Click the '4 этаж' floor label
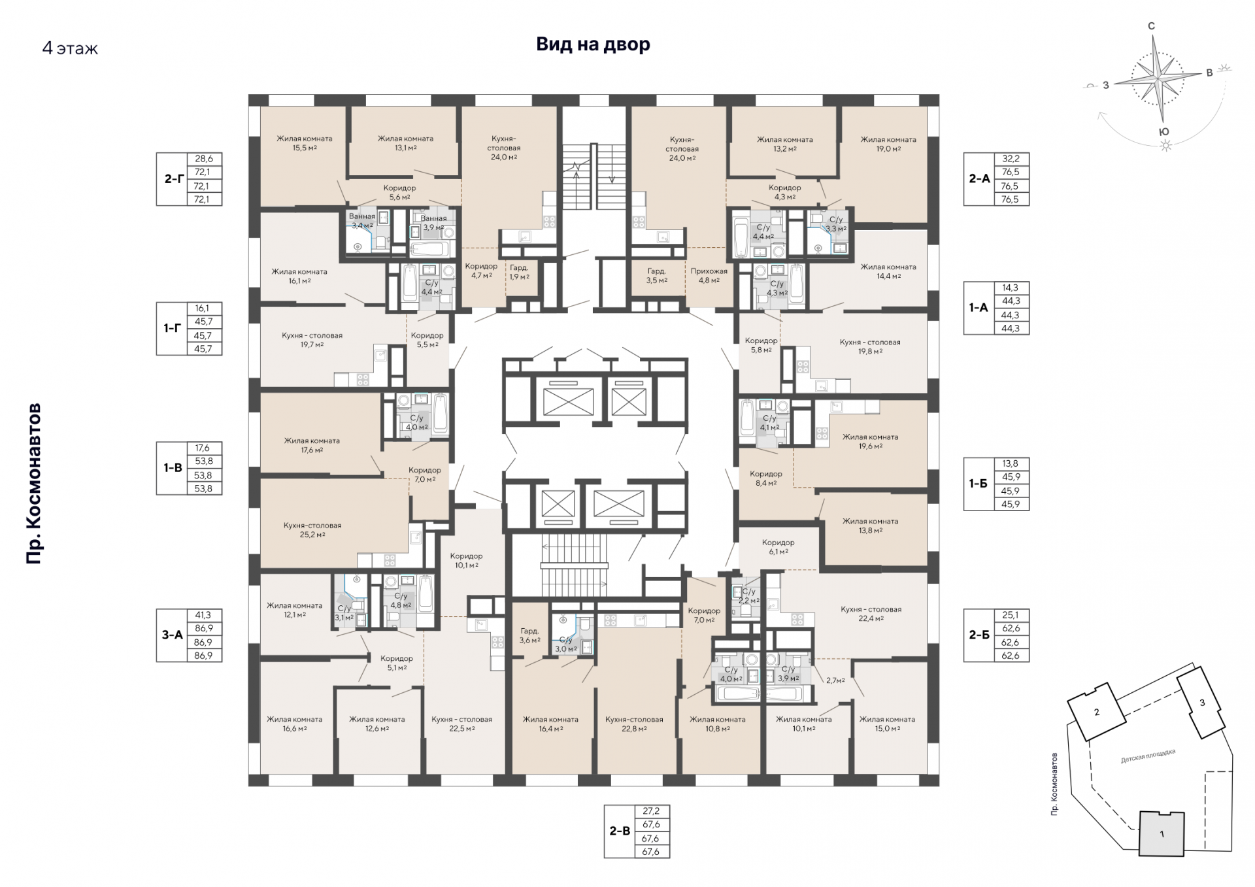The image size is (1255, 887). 70,48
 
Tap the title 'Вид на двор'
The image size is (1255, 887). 593,44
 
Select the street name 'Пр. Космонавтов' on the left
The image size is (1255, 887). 34,483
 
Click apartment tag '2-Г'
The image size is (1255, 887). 173,178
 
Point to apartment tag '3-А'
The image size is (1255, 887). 173,635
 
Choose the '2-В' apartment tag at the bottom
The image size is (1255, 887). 620,831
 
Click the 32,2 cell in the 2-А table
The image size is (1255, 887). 1011,159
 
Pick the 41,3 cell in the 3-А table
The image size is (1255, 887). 203,615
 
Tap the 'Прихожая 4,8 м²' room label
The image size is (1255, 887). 709,276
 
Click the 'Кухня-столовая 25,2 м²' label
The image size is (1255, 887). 312,529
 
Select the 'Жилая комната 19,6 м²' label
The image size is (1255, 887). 870,441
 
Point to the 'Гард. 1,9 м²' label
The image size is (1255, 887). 520,272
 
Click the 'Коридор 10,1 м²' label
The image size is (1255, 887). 466,561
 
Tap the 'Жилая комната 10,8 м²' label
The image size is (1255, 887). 718,724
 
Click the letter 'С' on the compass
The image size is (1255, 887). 1152,26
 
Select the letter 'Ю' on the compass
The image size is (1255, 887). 1164,132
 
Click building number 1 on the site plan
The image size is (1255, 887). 1162,835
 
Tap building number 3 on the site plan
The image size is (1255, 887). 1202,703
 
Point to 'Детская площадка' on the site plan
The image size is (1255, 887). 1148,756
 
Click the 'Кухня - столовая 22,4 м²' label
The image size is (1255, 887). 871,614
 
